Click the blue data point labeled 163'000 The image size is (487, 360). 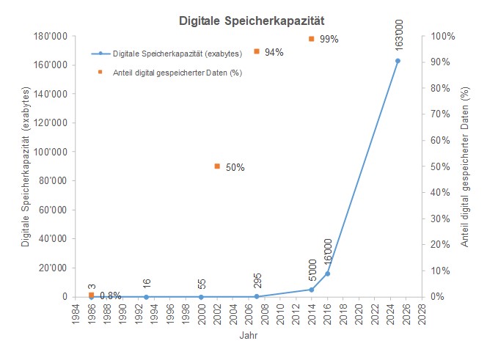coord(398,61)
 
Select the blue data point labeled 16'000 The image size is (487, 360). coord(327,273)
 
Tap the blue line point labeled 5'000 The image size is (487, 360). coord(311,290)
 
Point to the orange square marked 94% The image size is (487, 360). coord(256,51)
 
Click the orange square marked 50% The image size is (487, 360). coord(217,166)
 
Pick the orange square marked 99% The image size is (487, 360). coord(311,38)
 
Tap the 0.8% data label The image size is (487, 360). coord(110,296)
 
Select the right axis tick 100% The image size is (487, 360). coord(442,36)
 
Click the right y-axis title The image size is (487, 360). coord(464,166)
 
